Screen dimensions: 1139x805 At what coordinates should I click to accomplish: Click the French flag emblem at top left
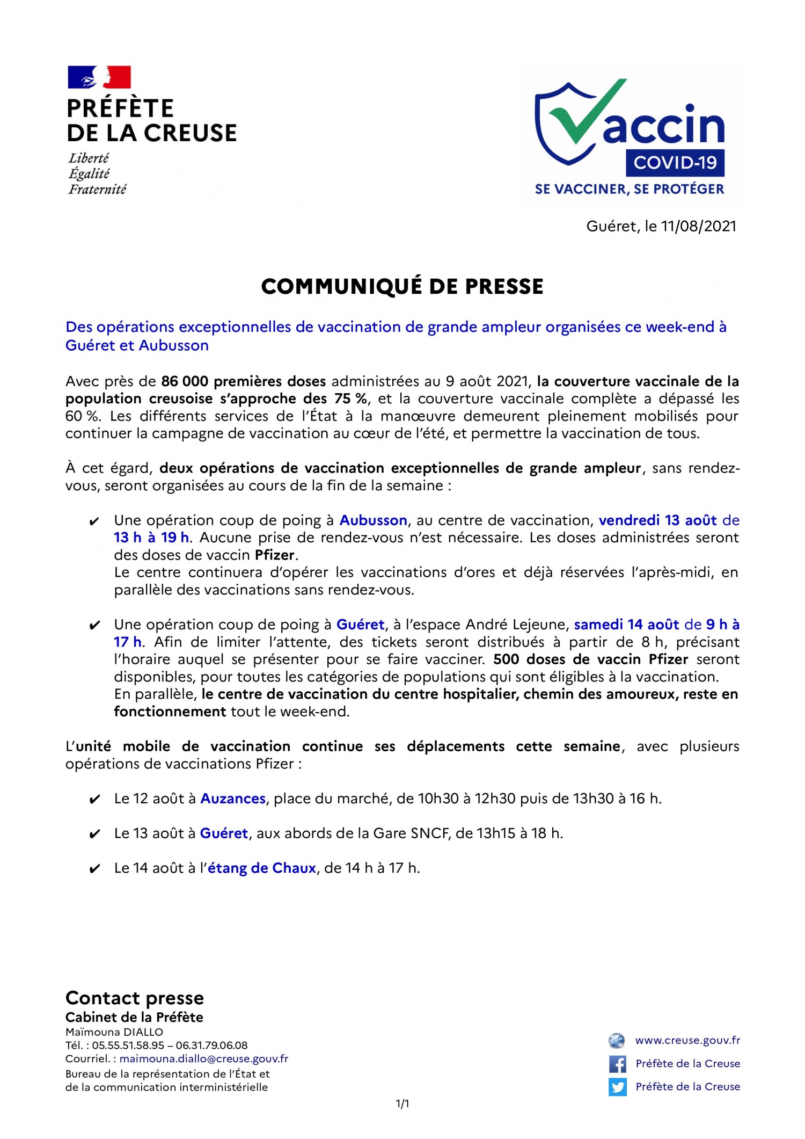point(99,77)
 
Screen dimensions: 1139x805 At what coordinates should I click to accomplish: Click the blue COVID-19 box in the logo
point(675,163)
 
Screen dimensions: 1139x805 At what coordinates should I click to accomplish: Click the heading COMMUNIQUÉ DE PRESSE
point(402,287)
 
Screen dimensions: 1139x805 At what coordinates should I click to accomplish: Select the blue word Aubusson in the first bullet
point(373,520)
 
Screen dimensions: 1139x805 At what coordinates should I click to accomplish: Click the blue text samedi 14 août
point(627,625)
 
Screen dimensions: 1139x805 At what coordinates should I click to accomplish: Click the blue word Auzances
point(233,799)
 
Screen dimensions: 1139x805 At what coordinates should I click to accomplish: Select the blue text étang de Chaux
point(261,868)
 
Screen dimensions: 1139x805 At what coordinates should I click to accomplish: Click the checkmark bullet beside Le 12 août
point(94,800)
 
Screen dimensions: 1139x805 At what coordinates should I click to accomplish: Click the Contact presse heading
point(135,998)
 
